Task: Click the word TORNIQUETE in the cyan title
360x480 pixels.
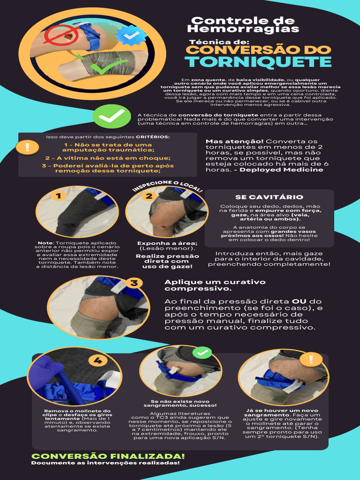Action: (x=258, y=62)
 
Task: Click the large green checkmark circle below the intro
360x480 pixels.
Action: (x=112, y=116)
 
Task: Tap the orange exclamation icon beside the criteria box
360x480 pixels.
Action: (x=28, y=147)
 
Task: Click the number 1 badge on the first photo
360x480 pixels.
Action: (x=59, y=195)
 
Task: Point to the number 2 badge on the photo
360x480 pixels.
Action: (x=149, y=196)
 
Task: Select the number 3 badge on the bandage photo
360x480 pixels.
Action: (x=134, y=283)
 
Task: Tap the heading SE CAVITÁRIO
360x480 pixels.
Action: (x=269, y=197)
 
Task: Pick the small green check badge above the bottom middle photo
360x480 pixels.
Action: (x=202, y=352)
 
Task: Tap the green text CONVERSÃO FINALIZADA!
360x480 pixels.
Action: (x=108, y=456)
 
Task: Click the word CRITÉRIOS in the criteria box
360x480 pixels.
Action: (x=157, y=137)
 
